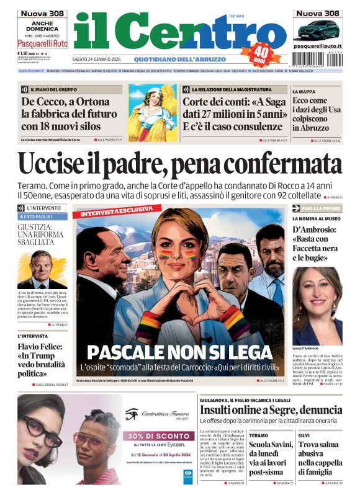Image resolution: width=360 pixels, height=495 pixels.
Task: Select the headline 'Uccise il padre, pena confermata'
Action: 179,164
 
